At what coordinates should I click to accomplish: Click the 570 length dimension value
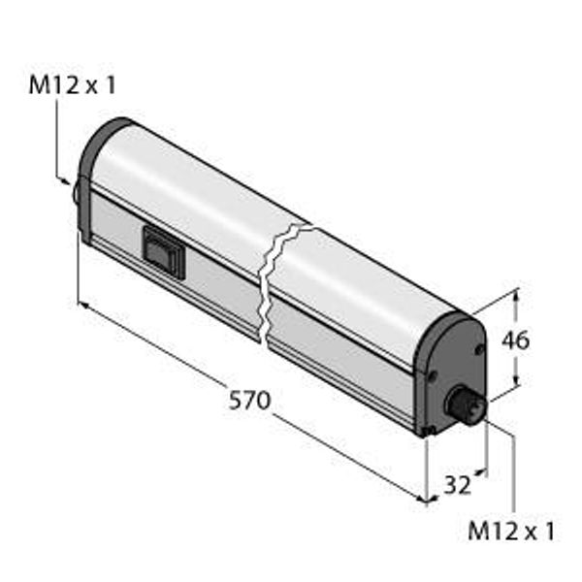(249, 400)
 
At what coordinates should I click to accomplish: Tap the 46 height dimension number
(516, 340)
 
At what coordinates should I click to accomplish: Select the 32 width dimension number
(457, 484)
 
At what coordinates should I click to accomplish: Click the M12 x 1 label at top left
(73, 85)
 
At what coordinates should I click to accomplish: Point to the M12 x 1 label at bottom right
(511, 531)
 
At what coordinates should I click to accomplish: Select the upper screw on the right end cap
(480, 349)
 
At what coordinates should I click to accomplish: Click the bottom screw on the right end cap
(430, 430)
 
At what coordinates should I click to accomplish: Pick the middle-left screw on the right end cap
(432, 375)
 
